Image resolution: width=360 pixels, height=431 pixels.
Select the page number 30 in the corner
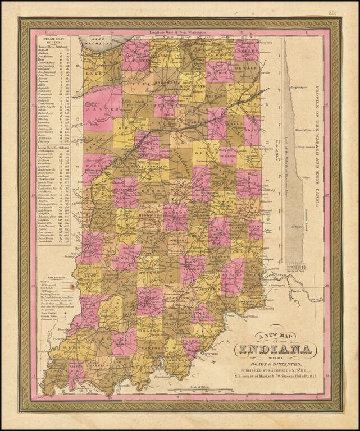(332, 12)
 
